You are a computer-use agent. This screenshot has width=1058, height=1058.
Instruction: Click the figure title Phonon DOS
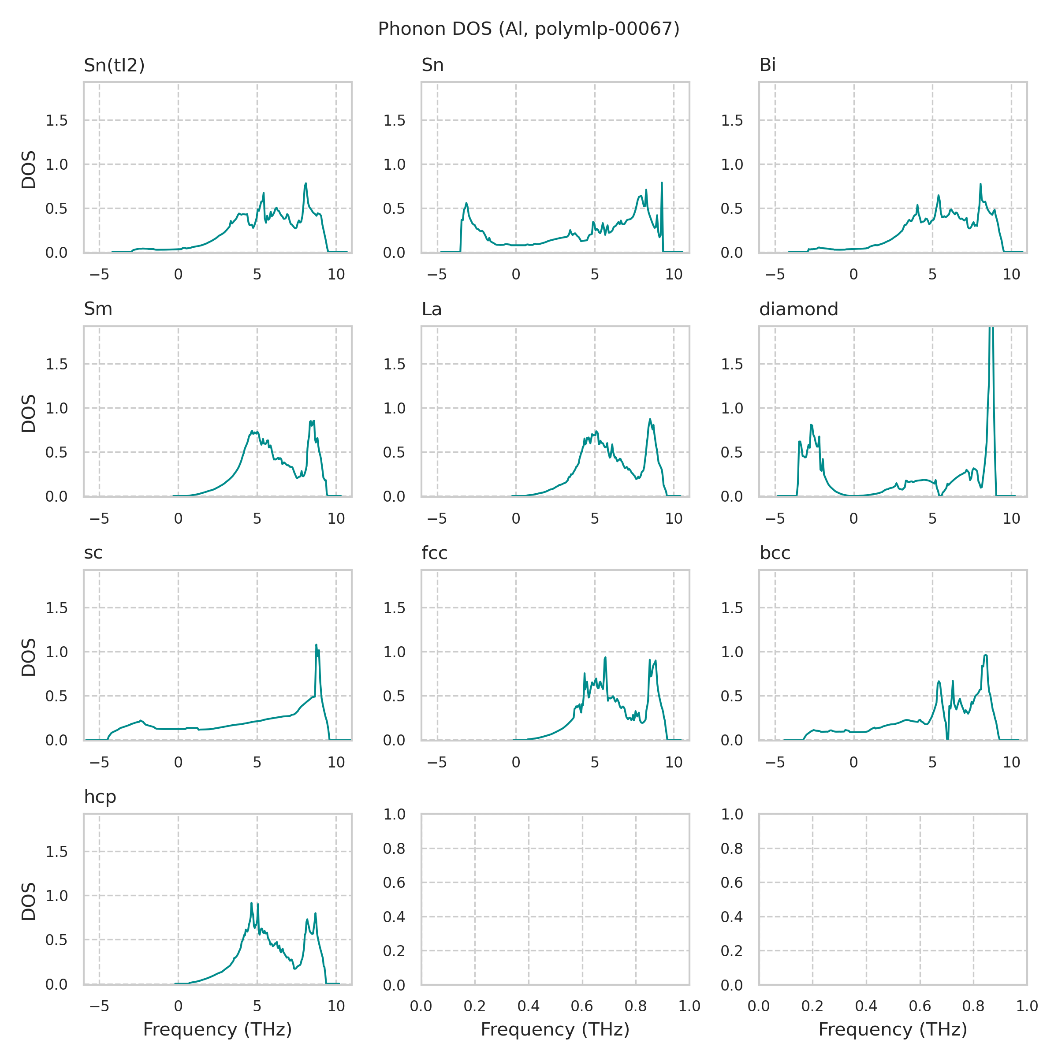(x=529, y=29)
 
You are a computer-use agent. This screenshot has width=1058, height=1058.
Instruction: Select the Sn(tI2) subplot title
(x=114, y=65)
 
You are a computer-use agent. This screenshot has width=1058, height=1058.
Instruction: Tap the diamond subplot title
(x=798, y=309)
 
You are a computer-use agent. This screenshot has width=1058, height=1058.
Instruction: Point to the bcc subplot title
(x=775, y=553)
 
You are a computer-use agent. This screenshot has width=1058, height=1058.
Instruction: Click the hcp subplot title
(x=100, y=797)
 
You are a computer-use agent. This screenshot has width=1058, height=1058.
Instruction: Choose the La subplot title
(x=432, y=309)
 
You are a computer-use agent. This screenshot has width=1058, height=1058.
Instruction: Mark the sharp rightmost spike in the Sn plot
(x=662, y=183)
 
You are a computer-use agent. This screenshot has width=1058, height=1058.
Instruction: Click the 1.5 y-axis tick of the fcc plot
(x=394, y=608)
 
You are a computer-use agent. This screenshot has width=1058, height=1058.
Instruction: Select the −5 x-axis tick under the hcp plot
(x=99, y=1006)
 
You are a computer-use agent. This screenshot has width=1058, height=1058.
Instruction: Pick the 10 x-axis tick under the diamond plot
(x=1011, y=518)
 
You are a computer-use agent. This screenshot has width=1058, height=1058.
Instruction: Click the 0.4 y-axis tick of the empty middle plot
(x=394, y=917)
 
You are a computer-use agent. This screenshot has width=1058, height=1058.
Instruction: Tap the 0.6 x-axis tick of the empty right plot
(x=920, y=1006)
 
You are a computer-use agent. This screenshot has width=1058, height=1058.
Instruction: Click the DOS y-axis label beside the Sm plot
(x=29, y=414)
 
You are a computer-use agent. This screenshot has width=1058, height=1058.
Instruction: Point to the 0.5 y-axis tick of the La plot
(x=394, y=452)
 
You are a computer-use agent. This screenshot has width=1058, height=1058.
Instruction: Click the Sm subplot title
(x=98, y=309)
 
